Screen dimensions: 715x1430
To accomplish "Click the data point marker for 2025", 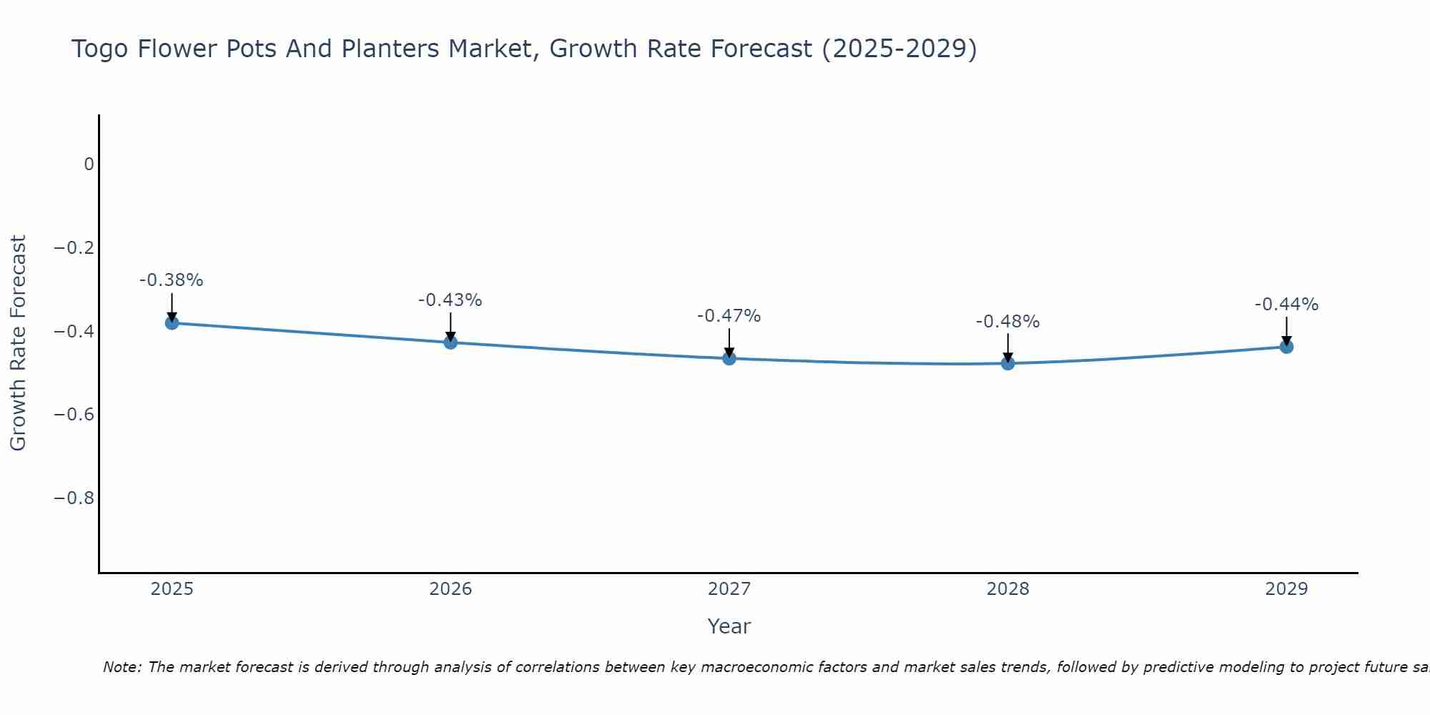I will [x=172, y=323].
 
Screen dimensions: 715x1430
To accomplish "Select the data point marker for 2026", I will [x=450, y=342].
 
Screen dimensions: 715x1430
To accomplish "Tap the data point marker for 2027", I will [x=729, y=358].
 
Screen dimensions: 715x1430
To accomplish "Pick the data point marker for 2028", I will [x=1008, y=363].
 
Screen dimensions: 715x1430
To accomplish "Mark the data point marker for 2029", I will [x=1286, y=347].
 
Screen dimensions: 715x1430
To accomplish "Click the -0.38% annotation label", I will [x=172, y=280].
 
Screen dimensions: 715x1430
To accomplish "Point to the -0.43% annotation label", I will [x=450, y=300].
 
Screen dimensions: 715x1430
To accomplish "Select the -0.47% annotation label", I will [x=729, y=316].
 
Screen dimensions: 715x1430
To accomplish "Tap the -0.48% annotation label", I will [x=1008, y=322].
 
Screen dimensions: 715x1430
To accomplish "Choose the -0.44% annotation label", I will [x=1286, y=305].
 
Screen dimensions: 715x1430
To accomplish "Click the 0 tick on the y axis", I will [x=89, y=164].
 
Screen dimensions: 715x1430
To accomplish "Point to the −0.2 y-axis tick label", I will [x=74, y=248].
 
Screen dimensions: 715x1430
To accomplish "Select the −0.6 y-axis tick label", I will [x=74, y=415].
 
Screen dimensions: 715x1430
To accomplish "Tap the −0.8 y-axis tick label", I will [x=74, y=498].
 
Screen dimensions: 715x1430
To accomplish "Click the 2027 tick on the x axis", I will [x=729, y=589].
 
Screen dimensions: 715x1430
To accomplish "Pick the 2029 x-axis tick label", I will [x=1286, y=589].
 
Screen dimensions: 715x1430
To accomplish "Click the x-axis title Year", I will [x=729, y=626].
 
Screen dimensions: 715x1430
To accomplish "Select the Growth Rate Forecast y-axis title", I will [x=18, y=343].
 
